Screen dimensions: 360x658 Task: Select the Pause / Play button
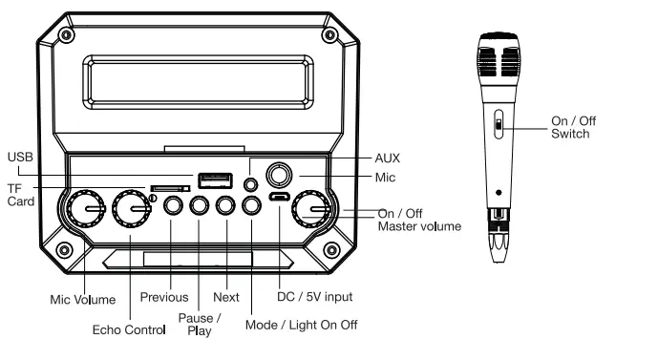pos(199,205)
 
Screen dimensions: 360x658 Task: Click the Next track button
pos(225,205)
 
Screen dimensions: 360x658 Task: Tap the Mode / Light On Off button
pos(251,205)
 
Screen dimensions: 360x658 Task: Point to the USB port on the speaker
pos(214,180)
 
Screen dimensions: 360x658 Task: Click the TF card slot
pos(167,189)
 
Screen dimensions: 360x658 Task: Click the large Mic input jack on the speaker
pos(280,175)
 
